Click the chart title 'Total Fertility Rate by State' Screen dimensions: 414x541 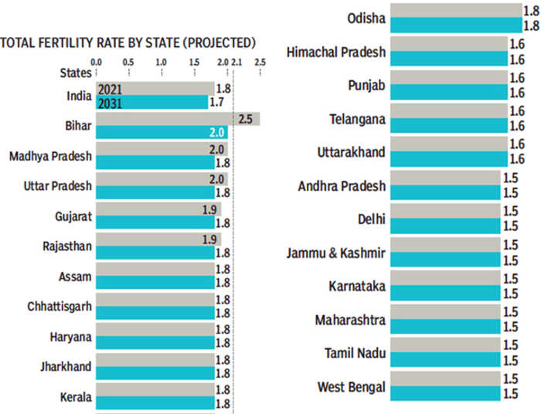pos(128,42)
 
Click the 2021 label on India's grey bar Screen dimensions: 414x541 pos(110,90)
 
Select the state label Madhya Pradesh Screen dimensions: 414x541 pos(51,157)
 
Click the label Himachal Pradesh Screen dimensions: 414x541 pos(337,53)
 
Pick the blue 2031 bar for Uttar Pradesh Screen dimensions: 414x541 pos(154,193)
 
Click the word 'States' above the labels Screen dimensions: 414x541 pos(77,72)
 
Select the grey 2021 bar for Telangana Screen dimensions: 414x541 pos(448,111)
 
